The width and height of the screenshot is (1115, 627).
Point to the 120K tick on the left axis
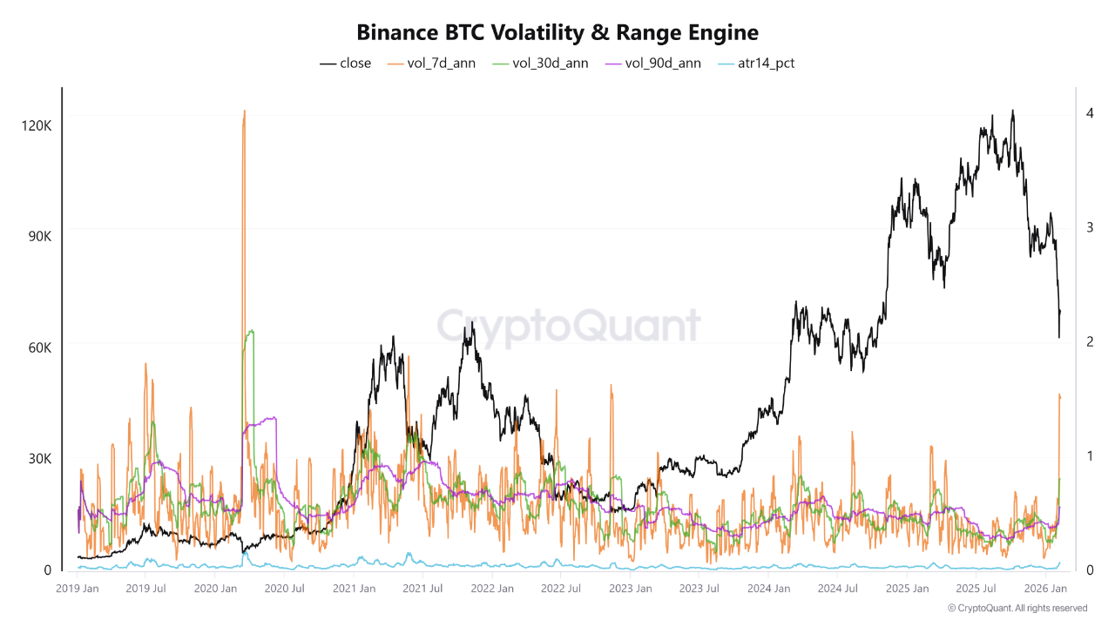pos(36,125)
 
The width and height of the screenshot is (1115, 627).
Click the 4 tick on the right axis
pos(1089,113)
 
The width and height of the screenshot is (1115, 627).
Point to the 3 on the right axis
pos(1089,227)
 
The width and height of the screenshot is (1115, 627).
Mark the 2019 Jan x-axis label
pos(78,589)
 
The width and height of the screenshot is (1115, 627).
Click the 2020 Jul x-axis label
pos(285,589)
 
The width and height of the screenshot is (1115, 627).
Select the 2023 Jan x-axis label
pos(630,589)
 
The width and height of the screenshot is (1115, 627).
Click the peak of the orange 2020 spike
pos(244,111)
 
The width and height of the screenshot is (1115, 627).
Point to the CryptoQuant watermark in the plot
pos(568,326)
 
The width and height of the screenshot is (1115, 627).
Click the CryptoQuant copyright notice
pos(1017,608)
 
